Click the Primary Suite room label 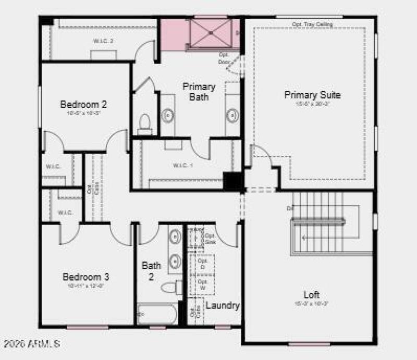[312, 95]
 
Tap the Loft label [312, 294]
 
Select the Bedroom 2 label [83, 103]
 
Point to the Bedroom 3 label [86, 276]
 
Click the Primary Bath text [199, 91]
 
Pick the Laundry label [222, 305]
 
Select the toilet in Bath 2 [169, 288]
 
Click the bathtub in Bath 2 [157, 314]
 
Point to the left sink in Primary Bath [168, 116]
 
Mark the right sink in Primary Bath [232, 115]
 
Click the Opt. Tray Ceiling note [312, 24]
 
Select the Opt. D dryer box [203, 263]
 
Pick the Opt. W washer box [203, 285]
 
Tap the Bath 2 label [151, 271]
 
